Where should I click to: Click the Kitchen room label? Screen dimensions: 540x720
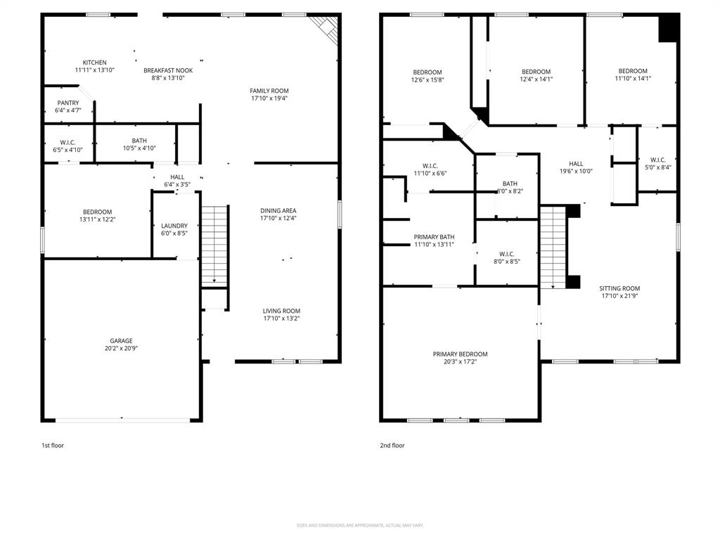pyautogui.click(x=94, y=63)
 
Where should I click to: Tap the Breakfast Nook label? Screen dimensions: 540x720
pyautogui.click(x=168, y=70)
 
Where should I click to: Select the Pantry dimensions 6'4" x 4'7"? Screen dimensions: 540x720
pyautogui.click(x=68, y=110)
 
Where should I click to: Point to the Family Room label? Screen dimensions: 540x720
pyautogui.click(x=269, y=91)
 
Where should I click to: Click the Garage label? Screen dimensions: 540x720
pyautogui.click(x=120, y=341)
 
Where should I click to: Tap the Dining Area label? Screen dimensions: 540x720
pyautogui.click(x=278, y=210)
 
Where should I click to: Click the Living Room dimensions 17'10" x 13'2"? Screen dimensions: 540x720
pyautogui.click(x=281, y=319)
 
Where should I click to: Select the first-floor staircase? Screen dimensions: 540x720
pyautogui.click(x=214, y=246)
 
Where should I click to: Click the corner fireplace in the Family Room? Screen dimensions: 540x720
pyautogui.click(x=327, y=28)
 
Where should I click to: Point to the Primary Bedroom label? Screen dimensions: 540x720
pyautogui.click(x=460, y=354)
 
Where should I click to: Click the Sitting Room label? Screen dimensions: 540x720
pyautogui.click(x=619, y=288)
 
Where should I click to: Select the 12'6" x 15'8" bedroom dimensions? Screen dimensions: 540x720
pyautogui.click(x=427, y=79)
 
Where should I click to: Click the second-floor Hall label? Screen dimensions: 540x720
pyautogui.click(x=576, y=164)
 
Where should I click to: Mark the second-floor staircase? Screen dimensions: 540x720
pyautogui.click(x=553, y=246)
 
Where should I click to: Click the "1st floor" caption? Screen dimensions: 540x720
pyautogui.click(x=53, y=445)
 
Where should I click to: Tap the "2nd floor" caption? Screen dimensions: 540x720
pyautogui.click(x=392, y=445)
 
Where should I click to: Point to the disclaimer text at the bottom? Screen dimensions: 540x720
pyautogui.click(x=359, y=525)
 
